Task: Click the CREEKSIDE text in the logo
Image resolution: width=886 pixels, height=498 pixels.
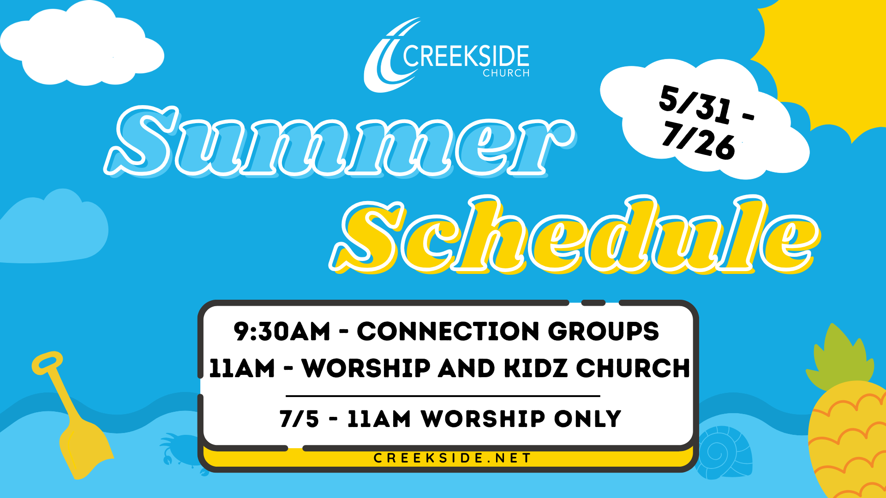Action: pos(466,57)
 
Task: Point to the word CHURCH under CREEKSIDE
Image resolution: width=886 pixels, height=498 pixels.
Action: pos(506,73)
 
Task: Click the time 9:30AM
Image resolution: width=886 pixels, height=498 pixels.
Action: pos(282,332)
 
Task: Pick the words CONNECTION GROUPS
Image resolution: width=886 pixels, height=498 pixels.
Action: pos(508,332)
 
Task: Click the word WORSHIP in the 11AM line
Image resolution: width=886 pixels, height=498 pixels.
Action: pos(366,368)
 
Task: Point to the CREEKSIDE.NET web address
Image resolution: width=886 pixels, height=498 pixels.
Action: pos(452,458)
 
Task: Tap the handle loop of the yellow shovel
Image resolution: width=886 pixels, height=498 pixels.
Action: pos(47,362)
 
